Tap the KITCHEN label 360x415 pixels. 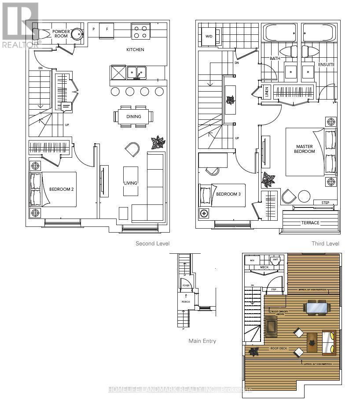[x=135, y=50]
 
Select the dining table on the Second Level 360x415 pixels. [x=134, y=117]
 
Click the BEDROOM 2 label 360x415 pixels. [x=61, y=189]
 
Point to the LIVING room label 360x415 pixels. [x=131, y=183]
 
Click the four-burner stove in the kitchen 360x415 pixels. [x=140, y=32]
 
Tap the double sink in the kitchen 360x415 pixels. [x=136, y=72]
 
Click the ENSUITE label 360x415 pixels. [x=327, y=65]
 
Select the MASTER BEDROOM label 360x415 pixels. [x=305, y=149]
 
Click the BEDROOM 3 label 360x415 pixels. [x=228, y=194]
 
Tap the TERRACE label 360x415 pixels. [x=310, y=223]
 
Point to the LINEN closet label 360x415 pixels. [x=267, y=92]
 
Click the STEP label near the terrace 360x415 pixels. [x=325, y=203]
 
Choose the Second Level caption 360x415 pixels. [x=152, y=244]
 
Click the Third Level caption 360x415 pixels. [x=325, y=244]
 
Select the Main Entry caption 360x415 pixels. [x=202, y=341]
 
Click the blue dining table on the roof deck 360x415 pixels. [x=316, y=307]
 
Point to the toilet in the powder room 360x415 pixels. [x=43, y=33]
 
